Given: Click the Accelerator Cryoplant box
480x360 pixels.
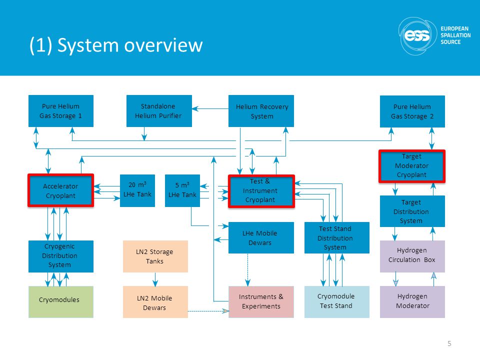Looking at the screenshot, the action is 60,190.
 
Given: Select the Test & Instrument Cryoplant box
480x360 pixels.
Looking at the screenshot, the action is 261,191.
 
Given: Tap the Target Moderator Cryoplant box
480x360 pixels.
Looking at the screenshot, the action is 411,166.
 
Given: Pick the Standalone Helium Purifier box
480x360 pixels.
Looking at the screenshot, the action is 159,111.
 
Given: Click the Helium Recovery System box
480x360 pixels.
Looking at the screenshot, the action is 261,111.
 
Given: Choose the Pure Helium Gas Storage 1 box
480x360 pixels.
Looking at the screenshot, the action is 61,111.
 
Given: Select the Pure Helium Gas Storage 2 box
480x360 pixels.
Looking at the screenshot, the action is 412,111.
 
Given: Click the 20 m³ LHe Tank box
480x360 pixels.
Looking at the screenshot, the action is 137,190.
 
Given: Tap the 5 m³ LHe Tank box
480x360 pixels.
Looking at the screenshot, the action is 182,190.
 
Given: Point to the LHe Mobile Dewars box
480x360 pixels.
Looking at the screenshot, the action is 261,238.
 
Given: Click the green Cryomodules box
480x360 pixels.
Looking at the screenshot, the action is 61,302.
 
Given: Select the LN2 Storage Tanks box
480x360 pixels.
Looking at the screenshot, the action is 155,256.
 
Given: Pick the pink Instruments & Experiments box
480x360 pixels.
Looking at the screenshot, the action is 261,302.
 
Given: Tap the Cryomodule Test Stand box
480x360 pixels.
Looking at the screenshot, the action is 336,302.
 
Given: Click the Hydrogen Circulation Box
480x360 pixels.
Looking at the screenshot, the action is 412,256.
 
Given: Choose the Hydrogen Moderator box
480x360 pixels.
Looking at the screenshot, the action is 412,302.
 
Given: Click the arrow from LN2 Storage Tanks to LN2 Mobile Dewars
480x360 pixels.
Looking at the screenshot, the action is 155,279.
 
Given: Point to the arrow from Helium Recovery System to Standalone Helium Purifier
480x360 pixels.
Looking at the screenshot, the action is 210,108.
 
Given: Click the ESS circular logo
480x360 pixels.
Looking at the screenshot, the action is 417,36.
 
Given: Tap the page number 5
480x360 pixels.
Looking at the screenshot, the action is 449,343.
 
